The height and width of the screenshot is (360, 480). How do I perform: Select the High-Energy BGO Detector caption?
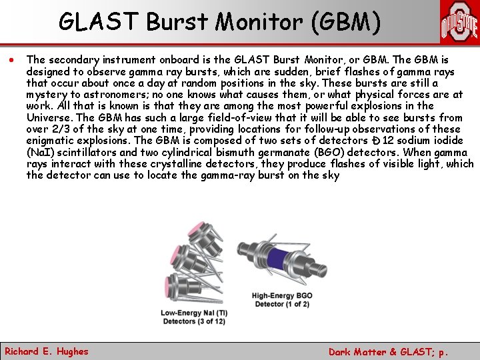[281, 299]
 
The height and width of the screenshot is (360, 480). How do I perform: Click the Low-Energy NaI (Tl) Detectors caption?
[194, 317]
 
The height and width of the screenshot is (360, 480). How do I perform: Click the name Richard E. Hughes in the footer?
[46, 351]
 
